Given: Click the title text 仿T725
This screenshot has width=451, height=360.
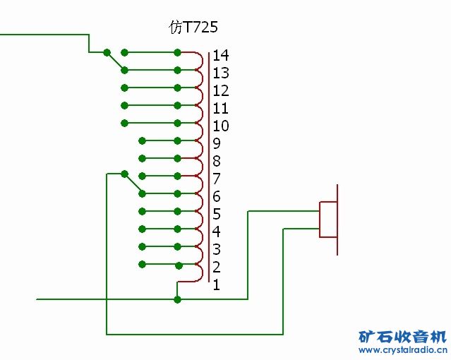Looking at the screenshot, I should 193,28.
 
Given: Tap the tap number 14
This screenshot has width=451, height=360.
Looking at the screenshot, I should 220,55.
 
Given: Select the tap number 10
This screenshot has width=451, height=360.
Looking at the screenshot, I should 220,126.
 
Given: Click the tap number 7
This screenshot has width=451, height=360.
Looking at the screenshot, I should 216,179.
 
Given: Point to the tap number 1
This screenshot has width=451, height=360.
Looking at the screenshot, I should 216,284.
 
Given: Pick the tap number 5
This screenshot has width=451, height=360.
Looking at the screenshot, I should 216,214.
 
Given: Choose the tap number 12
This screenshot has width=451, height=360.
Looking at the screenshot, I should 220,90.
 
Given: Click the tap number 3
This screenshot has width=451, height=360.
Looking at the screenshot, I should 216,249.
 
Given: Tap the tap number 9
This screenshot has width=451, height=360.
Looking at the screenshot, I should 216,143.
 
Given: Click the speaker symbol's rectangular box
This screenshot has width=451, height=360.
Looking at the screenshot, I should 328,220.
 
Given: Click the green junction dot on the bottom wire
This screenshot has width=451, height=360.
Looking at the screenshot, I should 177,299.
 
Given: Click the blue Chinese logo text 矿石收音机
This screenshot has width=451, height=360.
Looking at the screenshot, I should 402,335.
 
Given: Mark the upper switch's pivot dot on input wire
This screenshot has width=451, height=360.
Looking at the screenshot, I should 107,52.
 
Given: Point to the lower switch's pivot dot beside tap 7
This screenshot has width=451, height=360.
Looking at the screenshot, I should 124,174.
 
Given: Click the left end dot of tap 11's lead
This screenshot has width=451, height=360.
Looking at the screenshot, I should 124,105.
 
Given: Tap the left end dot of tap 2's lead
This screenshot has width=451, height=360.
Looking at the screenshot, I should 142,264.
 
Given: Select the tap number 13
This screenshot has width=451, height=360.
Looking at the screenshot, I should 220,73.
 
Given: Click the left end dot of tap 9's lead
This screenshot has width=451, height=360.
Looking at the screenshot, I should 142,140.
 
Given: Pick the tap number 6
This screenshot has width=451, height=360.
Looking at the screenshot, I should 216,196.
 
